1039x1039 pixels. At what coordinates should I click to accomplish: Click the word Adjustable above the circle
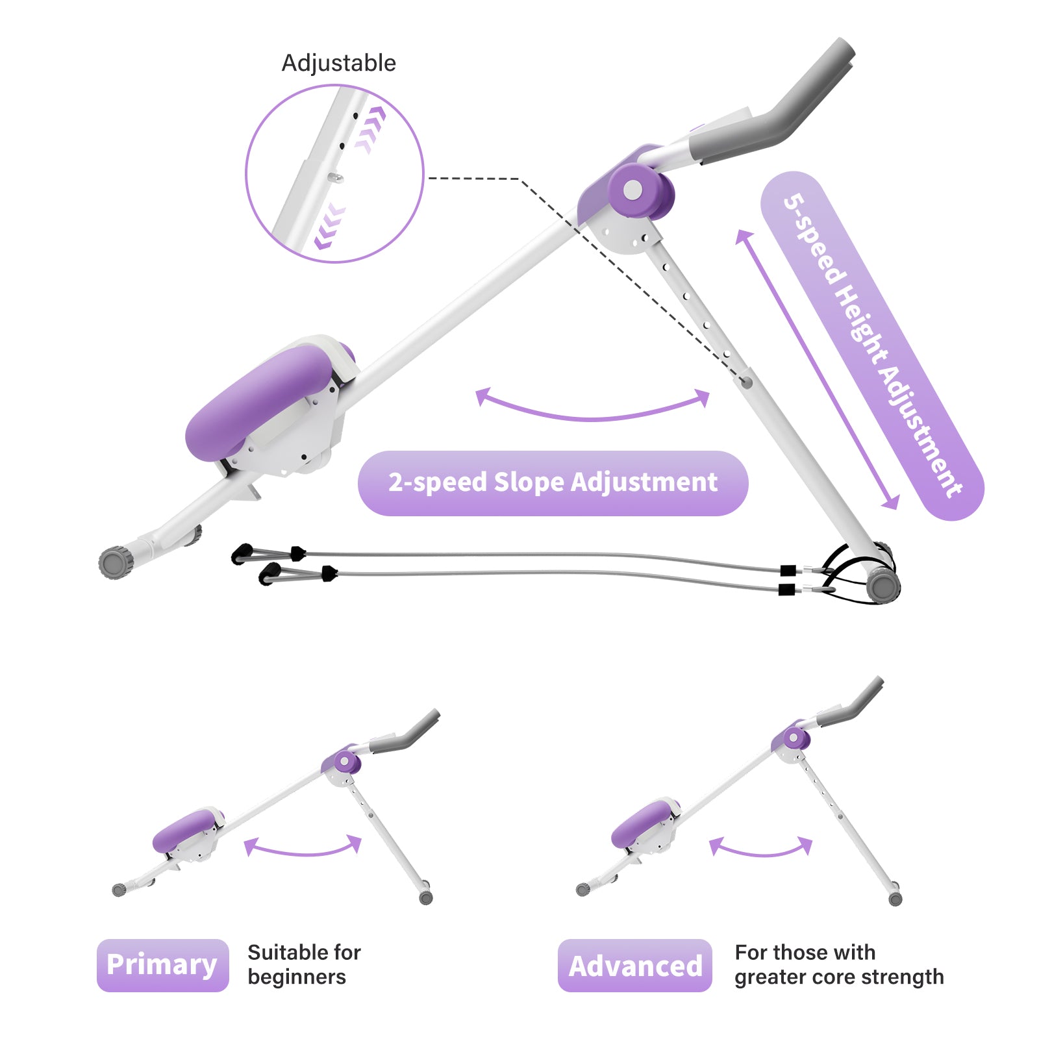338,63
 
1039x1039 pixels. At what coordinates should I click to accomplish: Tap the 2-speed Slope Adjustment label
553,483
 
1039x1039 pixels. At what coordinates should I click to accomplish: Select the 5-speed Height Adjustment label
871,345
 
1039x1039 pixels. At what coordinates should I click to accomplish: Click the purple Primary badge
162,965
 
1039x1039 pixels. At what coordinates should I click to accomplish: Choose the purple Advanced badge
634,966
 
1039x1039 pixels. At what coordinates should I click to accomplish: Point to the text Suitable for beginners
303,964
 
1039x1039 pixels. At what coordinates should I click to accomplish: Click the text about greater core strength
838,964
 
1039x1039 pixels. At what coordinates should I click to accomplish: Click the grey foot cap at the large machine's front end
116,562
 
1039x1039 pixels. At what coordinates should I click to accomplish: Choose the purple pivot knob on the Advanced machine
793,738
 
